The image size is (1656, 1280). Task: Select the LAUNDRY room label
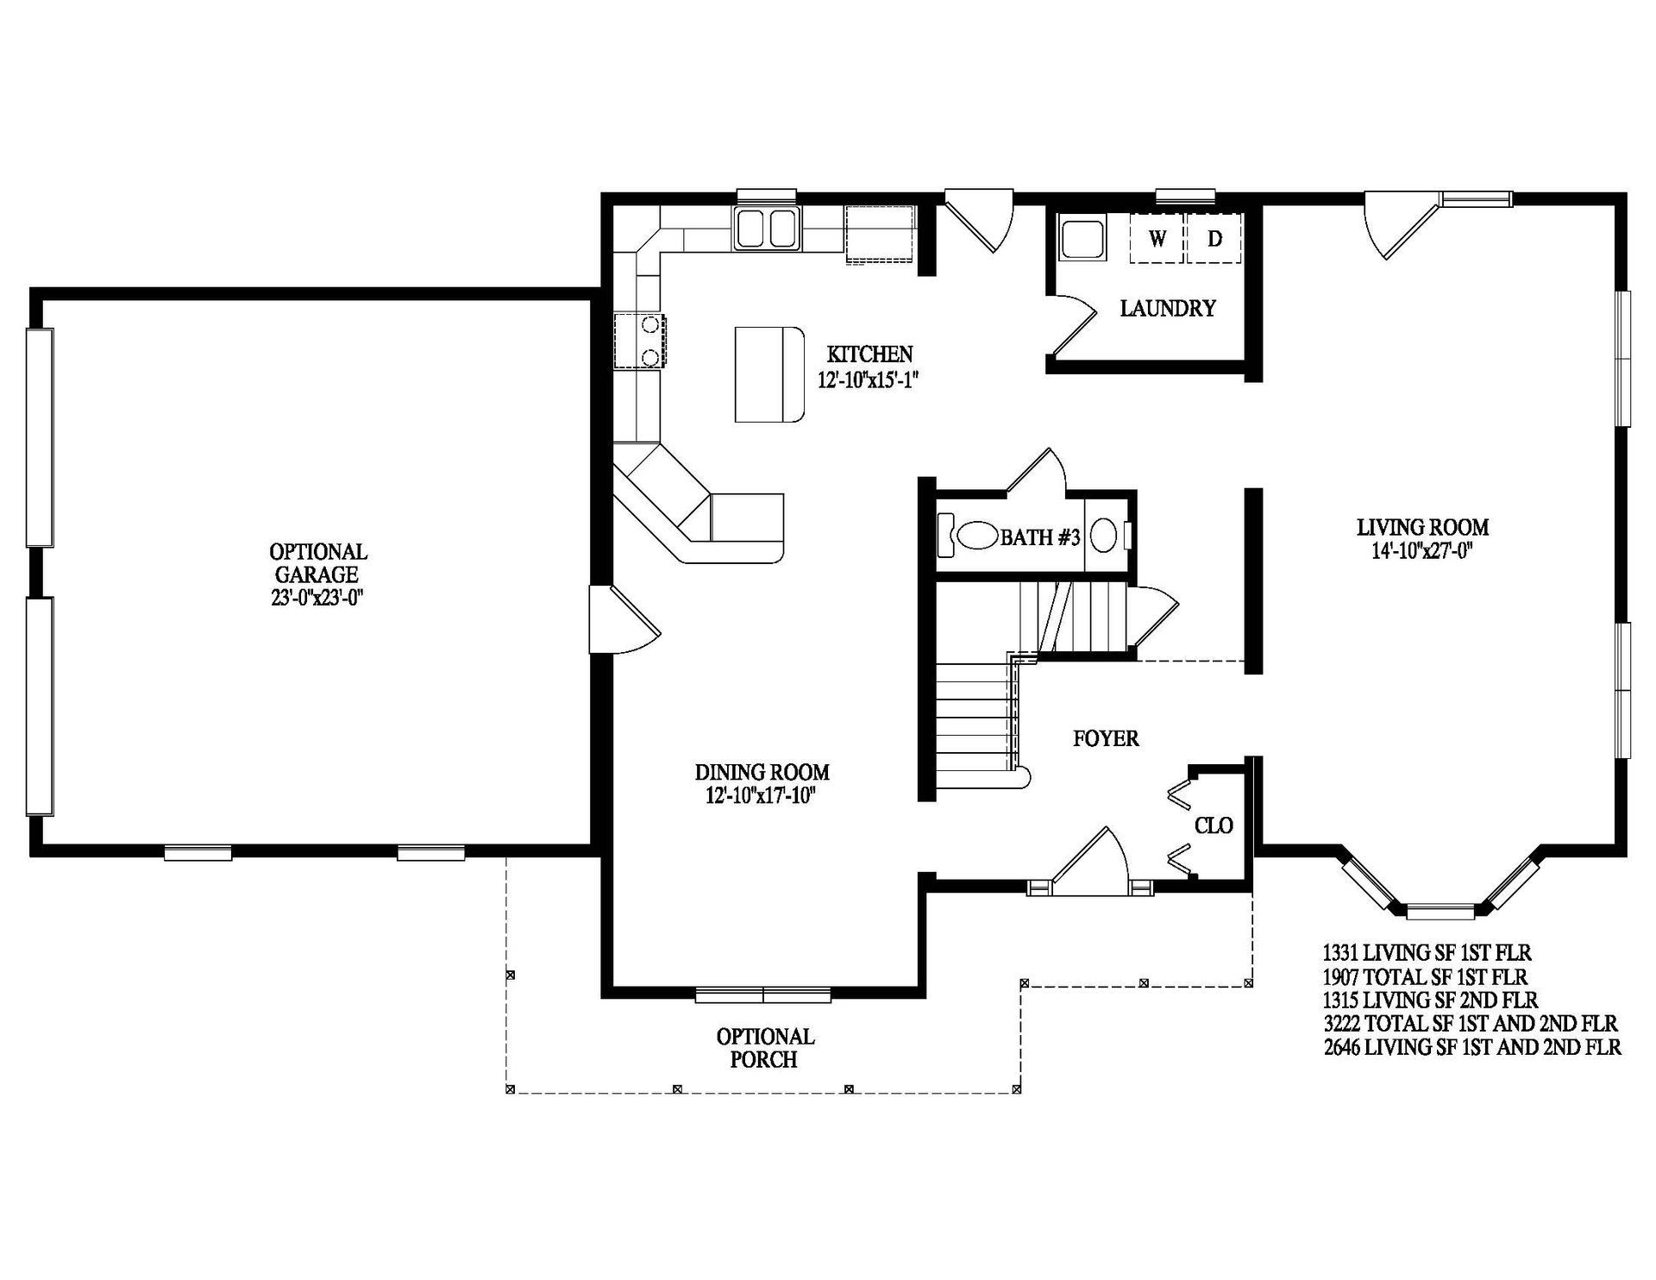click(1168, 308)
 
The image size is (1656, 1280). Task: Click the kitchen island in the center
click(768, 373)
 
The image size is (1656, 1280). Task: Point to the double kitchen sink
click(768, 229)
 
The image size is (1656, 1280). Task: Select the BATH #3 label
click(1040, 537)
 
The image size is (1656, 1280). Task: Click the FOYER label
click(1106, 738)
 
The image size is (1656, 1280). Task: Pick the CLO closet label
click(1214, 825)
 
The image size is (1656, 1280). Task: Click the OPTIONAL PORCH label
click(765, 1047)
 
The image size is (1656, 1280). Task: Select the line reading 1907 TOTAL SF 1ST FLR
click(1425, 977)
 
